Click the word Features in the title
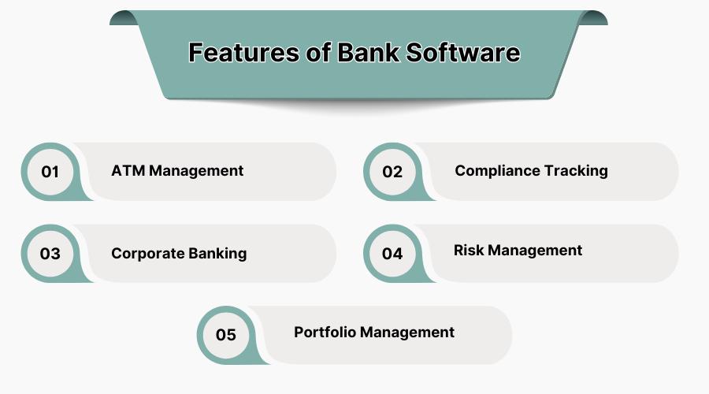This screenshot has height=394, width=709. pos(239,53)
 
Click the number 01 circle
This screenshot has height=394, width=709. pos(50,171)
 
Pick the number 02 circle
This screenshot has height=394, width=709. pos(392,171)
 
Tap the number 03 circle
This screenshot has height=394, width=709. pos(50,254)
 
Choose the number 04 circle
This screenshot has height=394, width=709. pos(392,254)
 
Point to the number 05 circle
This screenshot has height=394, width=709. pos(226,335)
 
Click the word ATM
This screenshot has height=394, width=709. pos(128,171)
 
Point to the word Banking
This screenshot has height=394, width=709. pos(217,254)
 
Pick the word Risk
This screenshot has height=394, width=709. pos(469,251)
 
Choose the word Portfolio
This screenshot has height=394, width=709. pos(324,332)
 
